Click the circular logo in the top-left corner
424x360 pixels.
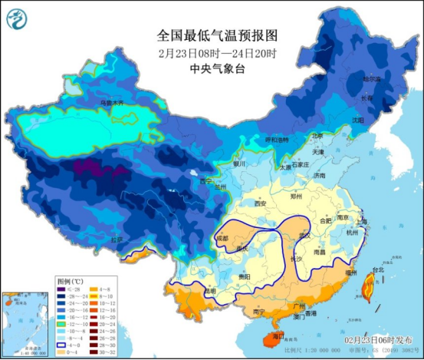pos(16,16)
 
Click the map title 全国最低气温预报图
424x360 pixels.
pos(212,35)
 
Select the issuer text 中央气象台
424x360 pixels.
pos(212,68)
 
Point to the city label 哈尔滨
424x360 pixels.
pos(371,79)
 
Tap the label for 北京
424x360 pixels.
pos(317,136)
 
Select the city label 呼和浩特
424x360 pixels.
pos(278,140)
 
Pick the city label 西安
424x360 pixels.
pos(259,204)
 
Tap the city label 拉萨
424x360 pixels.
pos(116,239)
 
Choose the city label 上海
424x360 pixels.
pos(362,221)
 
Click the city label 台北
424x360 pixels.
pos(377,270)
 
